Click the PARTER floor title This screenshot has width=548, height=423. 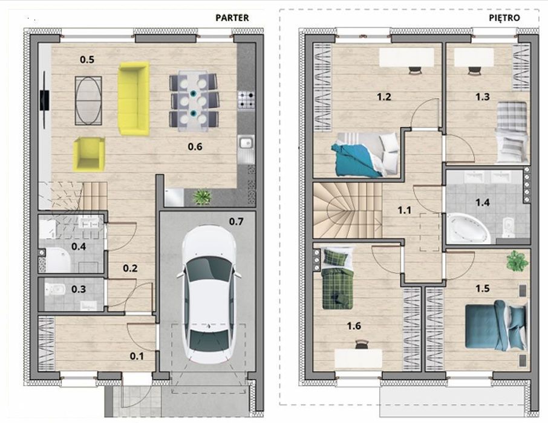pos(232,18)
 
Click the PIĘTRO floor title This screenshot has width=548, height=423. pos(504,18)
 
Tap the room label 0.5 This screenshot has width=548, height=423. pos(87,60)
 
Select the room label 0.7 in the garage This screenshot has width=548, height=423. pos(236,221)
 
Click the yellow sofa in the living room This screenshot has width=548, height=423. pos(134,99)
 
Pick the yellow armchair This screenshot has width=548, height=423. pos(89,154)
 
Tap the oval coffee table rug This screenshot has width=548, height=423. pos(88,100)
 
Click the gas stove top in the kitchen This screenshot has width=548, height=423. pos(246,100)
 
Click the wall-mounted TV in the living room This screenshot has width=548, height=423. pos(44,100)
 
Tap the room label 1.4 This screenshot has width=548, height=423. pos(482,202)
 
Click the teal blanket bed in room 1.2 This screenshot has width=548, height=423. pos(365,154)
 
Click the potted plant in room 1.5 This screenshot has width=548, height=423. pos(517,260)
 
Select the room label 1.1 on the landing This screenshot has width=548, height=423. pos(405,210)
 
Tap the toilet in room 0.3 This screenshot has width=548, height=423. pos(54,289)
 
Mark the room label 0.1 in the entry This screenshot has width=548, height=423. pos(137,357)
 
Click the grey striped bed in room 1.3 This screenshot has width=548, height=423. pos(511,132)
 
